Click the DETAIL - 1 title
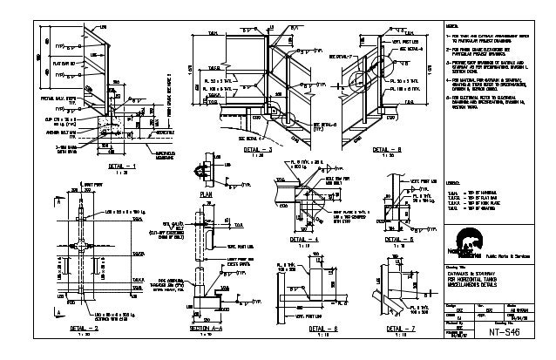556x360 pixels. (122, 164)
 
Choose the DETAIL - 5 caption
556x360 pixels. (403, 237)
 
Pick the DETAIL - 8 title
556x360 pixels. (387, 150)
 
